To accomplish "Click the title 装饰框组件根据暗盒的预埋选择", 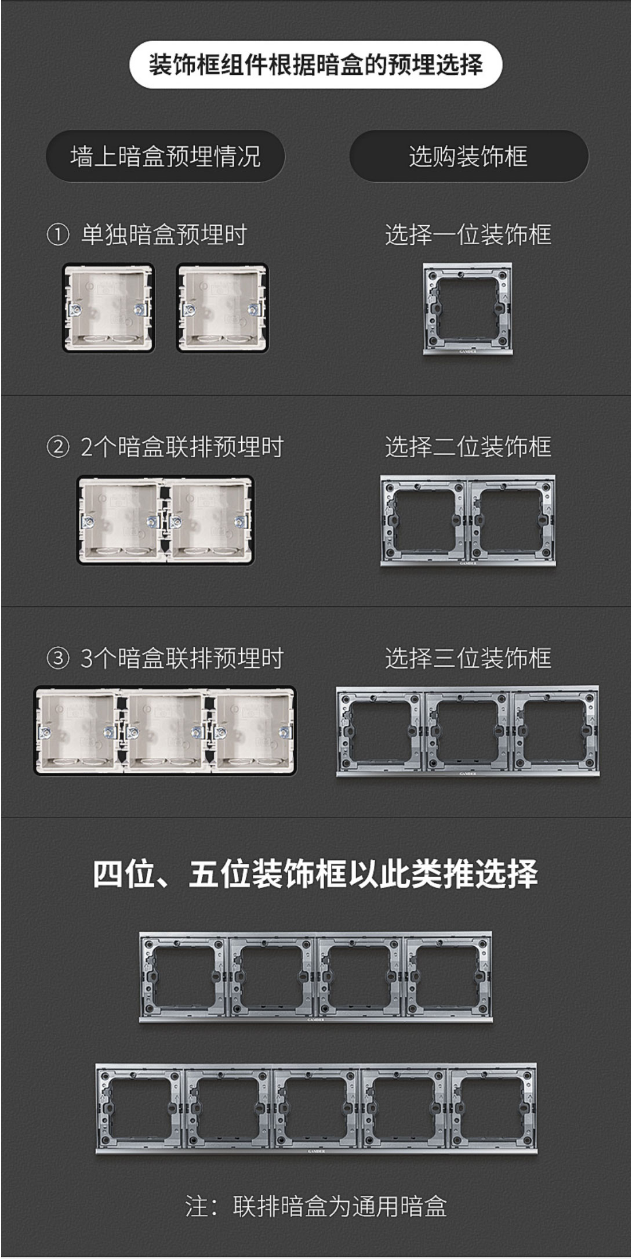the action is [315, 64].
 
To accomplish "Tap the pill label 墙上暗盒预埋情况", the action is [165, 156].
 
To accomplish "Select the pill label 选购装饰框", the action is [468, 156].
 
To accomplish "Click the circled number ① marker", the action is [57, 235].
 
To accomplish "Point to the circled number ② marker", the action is [57, 447].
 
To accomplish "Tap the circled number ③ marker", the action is [57, 659].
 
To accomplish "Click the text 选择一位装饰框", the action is [468, 235].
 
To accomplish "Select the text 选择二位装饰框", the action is [468, 447].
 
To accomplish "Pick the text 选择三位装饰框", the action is [468, 659].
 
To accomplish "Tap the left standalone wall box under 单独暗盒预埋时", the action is [108, 308].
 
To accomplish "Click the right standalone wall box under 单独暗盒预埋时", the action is [222, 308].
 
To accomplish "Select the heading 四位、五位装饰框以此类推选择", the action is [315, 874].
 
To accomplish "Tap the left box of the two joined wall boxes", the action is [121, 520].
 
